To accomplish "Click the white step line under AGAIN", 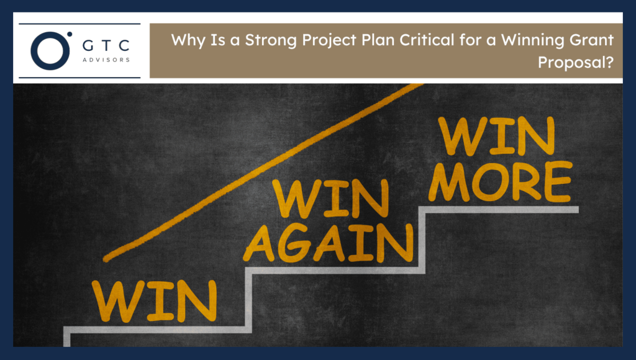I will (x=335, y=271).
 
